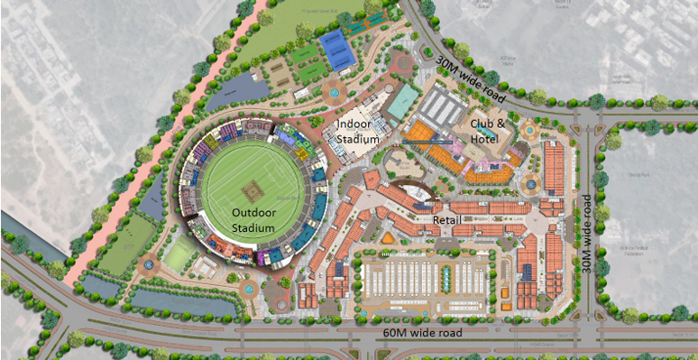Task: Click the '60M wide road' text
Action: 422,333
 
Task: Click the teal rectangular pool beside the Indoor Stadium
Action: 403,101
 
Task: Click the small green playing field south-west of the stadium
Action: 177,254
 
